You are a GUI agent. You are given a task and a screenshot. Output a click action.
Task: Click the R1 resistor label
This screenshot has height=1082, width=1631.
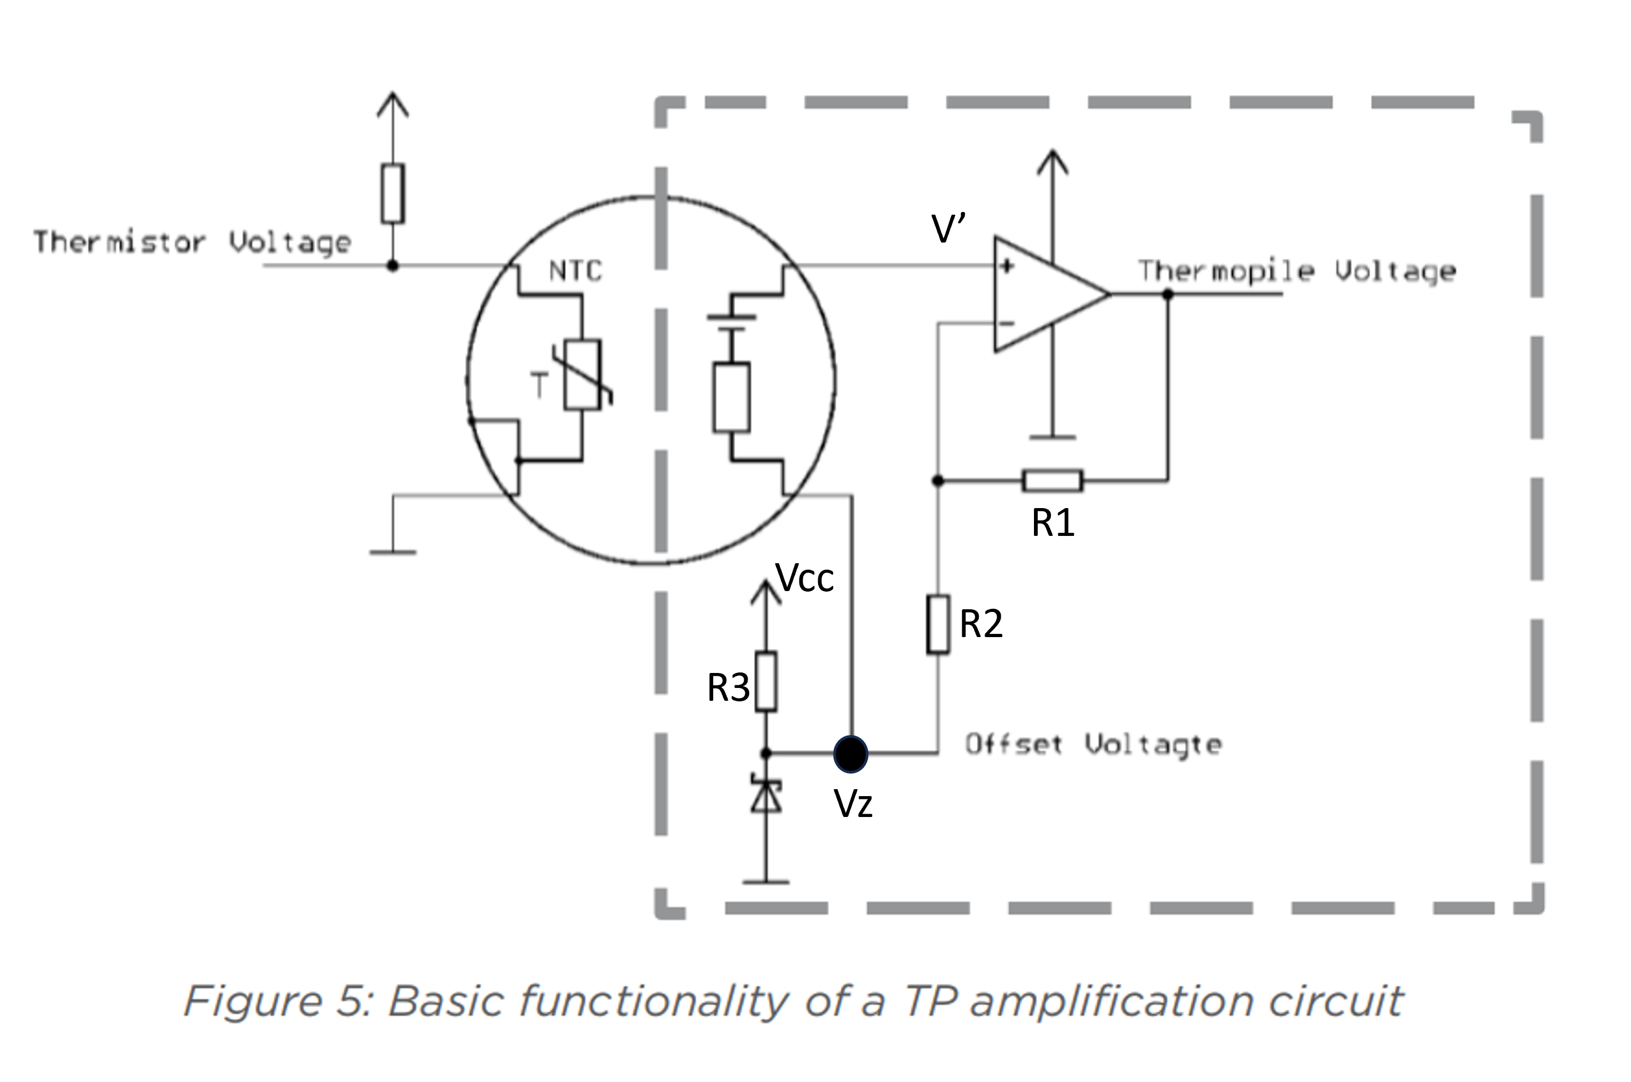click(x=1053, y=523)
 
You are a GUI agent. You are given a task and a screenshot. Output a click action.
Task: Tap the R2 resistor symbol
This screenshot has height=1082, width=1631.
click(x=938, y=624)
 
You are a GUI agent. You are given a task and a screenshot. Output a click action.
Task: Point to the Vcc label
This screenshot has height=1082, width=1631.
click(x=804, y=578)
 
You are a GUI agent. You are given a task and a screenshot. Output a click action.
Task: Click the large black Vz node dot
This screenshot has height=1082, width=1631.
click(x=851, y=753)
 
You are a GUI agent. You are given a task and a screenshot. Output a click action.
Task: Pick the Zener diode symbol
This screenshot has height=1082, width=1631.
click(x=766, y=795)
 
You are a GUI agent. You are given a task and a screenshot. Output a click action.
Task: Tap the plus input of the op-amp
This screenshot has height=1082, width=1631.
click(x=1007, y=266)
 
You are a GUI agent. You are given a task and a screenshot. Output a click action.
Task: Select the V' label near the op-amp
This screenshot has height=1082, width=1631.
click(x=949, y=229)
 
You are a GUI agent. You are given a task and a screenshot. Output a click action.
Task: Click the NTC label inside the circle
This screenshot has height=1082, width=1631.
click(x=576, y=270)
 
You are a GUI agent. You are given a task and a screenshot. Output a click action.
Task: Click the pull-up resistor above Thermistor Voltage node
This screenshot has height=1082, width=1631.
click(x=392, y=193)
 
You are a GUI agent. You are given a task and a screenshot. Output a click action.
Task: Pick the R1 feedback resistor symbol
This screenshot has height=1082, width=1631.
click(x=1053, y=480)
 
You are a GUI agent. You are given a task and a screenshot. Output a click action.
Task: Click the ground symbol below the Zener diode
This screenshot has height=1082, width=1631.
click(x=766, y=881)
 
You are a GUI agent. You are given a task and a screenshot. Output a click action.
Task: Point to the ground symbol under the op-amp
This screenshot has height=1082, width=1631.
click(x=1052, y=437)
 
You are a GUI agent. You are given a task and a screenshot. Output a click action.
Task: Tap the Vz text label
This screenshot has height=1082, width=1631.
click(x=854, y=803)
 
